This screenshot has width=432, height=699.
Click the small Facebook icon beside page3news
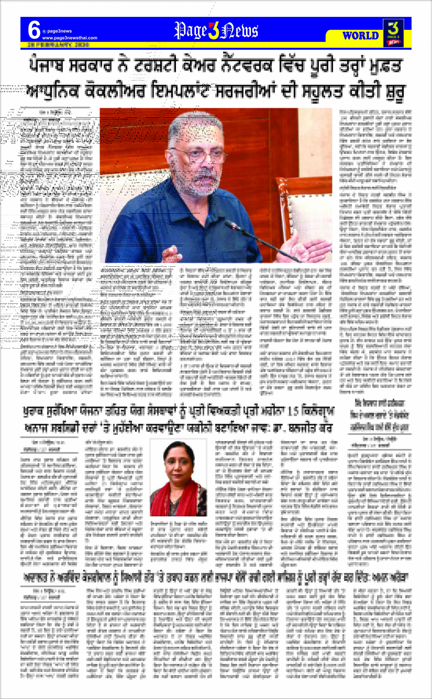[44, 31]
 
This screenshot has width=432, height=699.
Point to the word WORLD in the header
[361, 36]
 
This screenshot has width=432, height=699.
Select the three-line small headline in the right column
[379, 415]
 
